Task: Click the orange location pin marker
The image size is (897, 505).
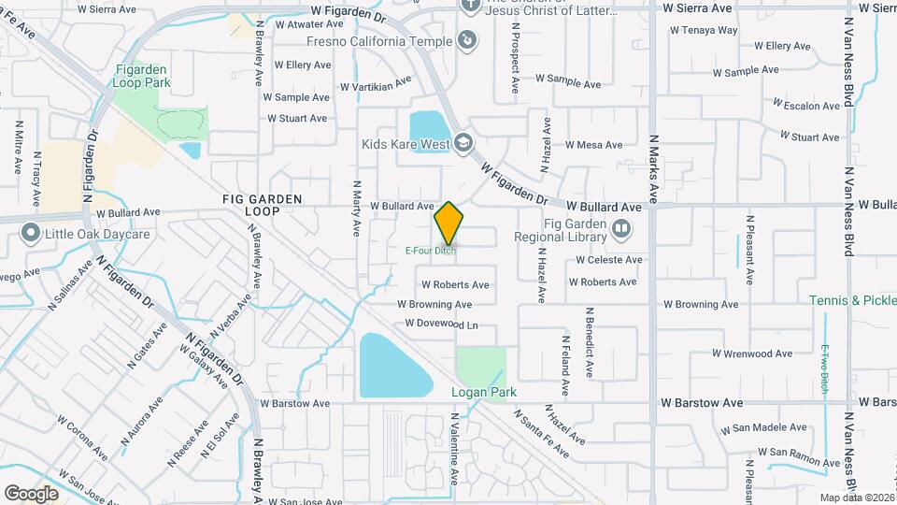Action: [449, 223]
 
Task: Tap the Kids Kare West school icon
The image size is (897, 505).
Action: [463, 143]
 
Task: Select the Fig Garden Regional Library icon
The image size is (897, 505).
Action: [620, 227]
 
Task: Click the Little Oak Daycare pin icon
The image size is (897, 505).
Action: [31, 233]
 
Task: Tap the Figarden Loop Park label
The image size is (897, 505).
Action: [143, 76]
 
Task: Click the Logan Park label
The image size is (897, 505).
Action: [484, 392]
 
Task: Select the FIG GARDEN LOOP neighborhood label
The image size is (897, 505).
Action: [250, 206]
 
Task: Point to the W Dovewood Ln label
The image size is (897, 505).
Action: [441, 325]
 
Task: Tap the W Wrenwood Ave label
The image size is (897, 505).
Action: [752, 353]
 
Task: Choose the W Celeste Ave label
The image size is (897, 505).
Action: [609, 260]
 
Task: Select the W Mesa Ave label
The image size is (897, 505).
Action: [593, 145]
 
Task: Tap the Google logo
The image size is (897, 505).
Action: [31, 493]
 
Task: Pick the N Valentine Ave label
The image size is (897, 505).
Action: [455, 449]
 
